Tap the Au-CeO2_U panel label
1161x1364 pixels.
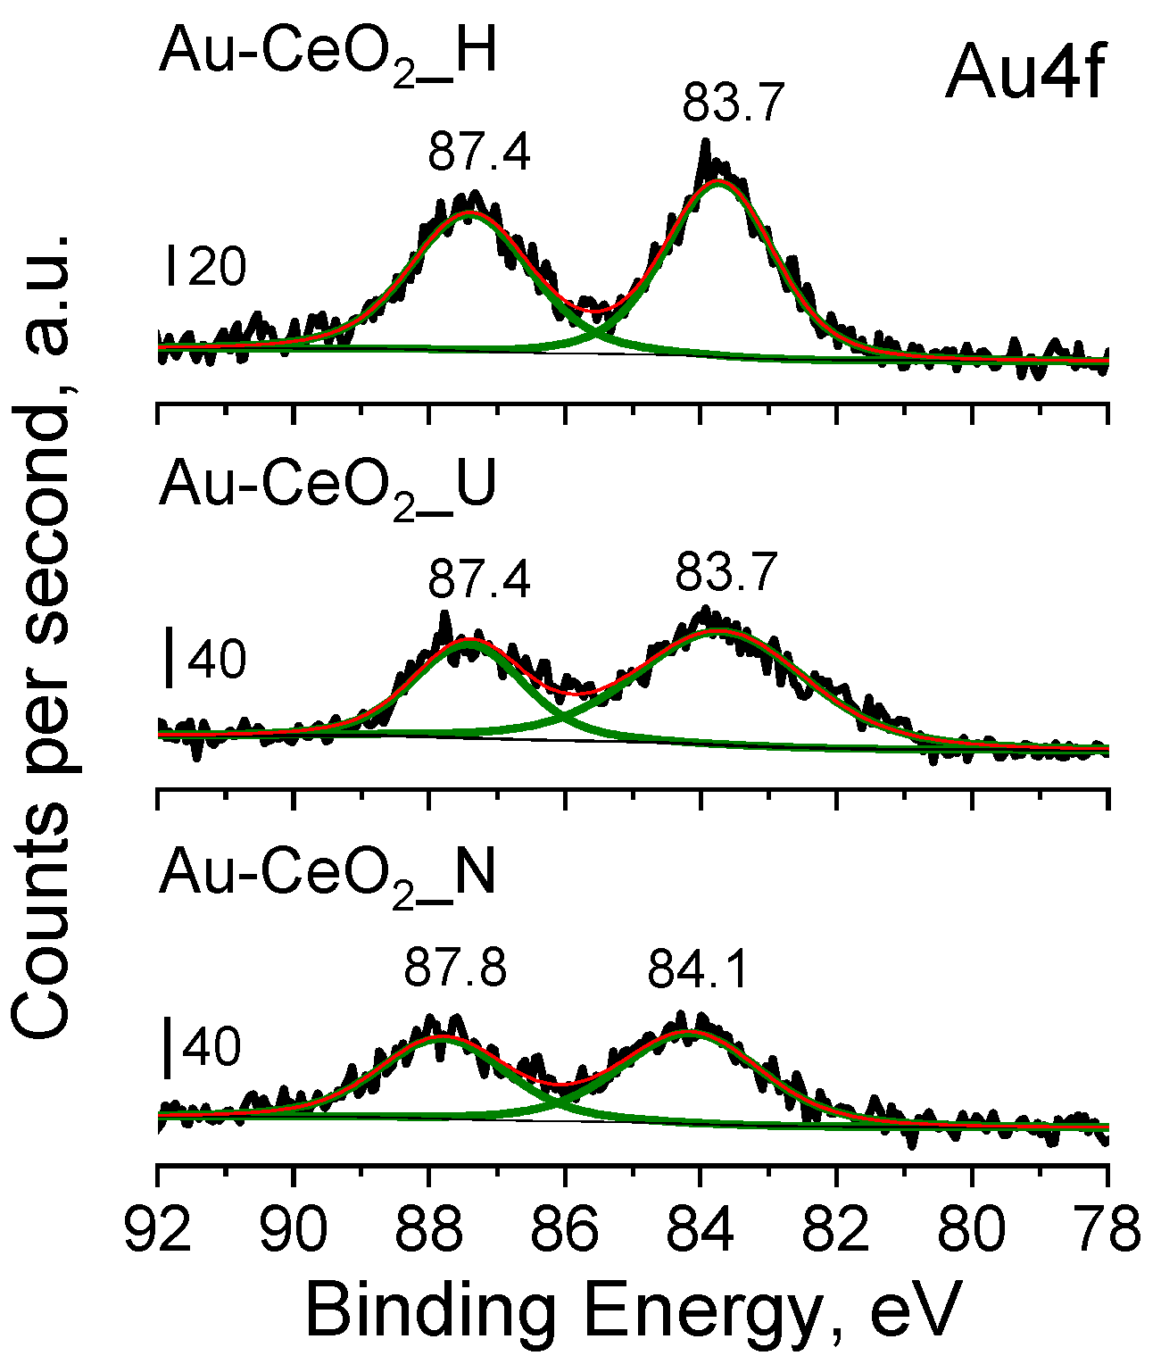[x=328, y=487]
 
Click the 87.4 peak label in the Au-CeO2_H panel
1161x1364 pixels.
[x=479, y=152]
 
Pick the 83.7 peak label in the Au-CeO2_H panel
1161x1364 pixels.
[x=733, y=102]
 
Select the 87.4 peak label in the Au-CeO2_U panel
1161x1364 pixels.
[x=479, y=580]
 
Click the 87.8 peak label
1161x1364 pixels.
[x=455, y=967]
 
